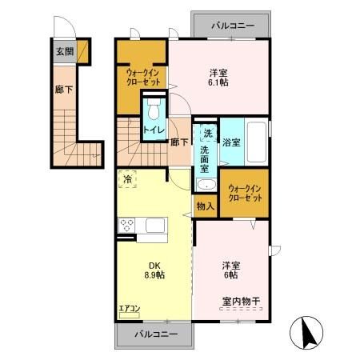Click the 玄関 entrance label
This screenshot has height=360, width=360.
click(64, 52)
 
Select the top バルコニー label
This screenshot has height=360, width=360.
click(233, 26)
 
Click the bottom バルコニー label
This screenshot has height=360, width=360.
click(156, 334)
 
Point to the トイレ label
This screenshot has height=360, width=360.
click(154, 129)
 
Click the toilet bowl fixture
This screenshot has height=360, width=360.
click(154, 106)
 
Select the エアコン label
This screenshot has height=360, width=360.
click(129, 306)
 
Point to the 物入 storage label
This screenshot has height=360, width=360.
click(205, 206)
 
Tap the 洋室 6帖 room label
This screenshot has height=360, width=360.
click(231, 270)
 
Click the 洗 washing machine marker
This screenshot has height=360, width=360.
click(207, 133)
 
